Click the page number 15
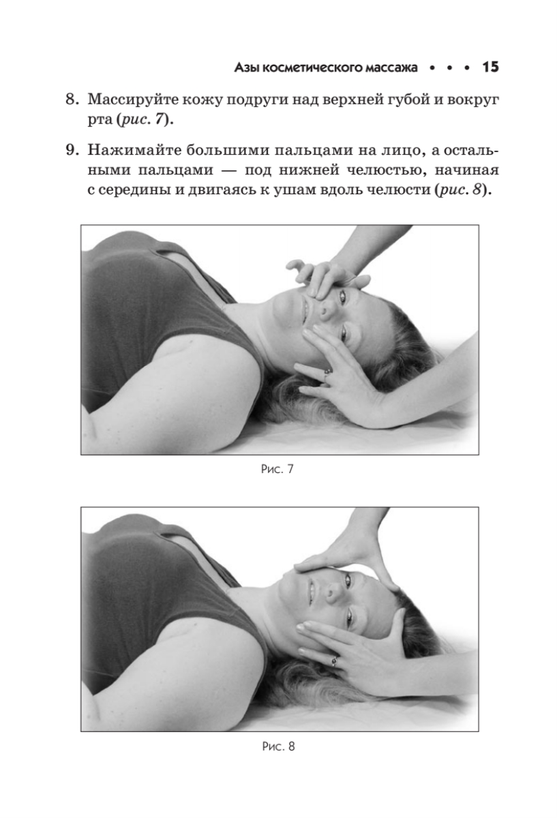[x=490, y=67]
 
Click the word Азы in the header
[x=247, y=67]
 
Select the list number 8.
[x=72, y=99]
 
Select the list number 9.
[x=72, y=150]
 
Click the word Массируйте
[x=133, y=100]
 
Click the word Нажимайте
[x=134, y=150]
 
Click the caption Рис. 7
[x=277, y=469]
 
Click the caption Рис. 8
[x=278, y=746]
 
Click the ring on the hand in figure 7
[x=327, y=372]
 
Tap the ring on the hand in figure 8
[x=334, y=661]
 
